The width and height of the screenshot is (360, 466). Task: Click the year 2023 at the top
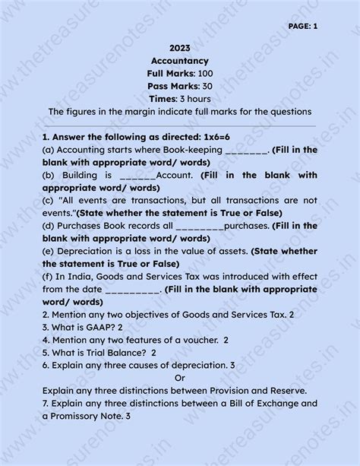180,47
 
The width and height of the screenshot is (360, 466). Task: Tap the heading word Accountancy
180,60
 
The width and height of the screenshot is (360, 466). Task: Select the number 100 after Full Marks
205,73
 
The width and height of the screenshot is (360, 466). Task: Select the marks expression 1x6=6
193,138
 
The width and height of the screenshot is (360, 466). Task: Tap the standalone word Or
180,378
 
